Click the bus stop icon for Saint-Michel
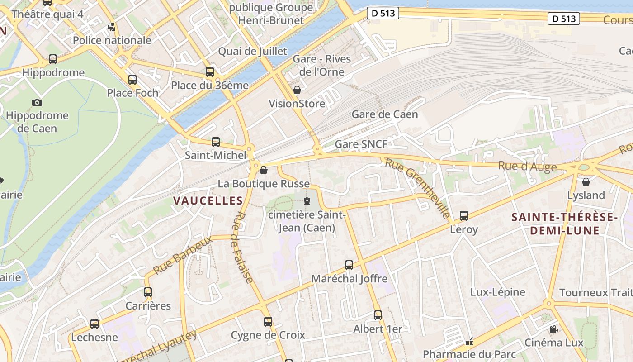(x=216, y=142)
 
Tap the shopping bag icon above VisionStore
(x=297, y=90)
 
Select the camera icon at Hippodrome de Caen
(x=37, y=102)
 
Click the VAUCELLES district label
(x=208, y=200)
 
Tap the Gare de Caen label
(x=385, y=114)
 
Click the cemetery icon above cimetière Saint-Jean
(x=307, y=201)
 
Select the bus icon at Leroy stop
(x=464, y=216)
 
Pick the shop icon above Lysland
(x=586, y=182)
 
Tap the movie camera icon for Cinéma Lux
(x=553, y=329)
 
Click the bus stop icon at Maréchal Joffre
(x=349, y=265)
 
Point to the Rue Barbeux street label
(x=183, y=255)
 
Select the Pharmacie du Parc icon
(x=470, y=341)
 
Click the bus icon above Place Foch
(x=132, y=80)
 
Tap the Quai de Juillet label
(x=253, y=51)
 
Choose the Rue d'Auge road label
(x=527, y=166)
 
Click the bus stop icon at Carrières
(x=148, y=292)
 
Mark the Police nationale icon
(x=112, y=27)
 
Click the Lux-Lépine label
(x=498, y=292)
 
